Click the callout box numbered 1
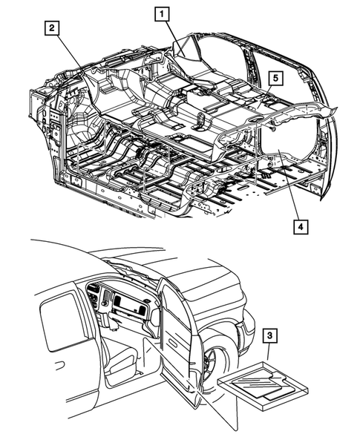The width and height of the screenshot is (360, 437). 162,13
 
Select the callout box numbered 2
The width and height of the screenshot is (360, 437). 51,28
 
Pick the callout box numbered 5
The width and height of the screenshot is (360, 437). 274,78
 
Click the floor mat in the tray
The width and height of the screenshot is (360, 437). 261,381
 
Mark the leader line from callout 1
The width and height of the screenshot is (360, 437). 167,33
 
